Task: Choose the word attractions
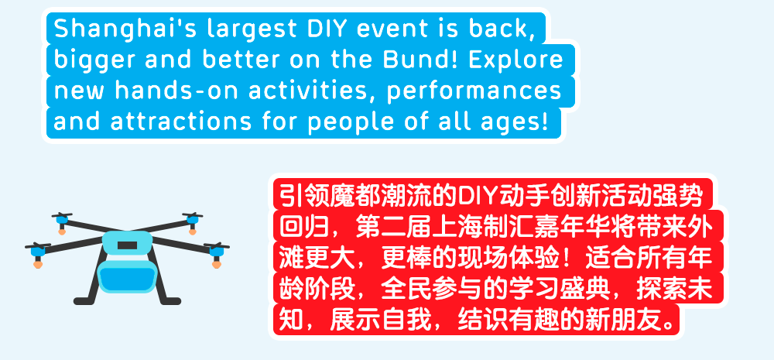(x=180, y=122)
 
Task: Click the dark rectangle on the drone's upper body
(x=128, y=245)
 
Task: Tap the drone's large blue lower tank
(x=128, y=276)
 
